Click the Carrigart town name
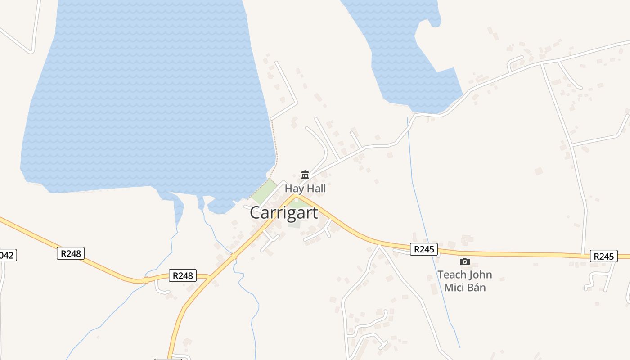coord(284,213)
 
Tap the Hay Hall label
coord(305,189)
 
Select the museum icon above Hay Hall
coord(305,175)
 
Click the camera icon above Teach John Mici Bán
coord(465,261)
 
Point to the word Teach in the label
coord(450,274)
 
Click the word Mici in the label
coord(454,287)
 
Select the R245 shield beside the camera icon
coord(423,249)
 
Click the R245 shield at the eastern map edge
coord(603,256)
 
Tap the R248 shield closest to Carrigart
coord(183,275)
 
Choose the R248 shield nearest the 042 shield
coord(71,253)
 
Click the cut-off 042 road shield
coord(7,255)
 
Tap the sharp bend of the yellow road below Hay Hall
coord(295,196)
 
